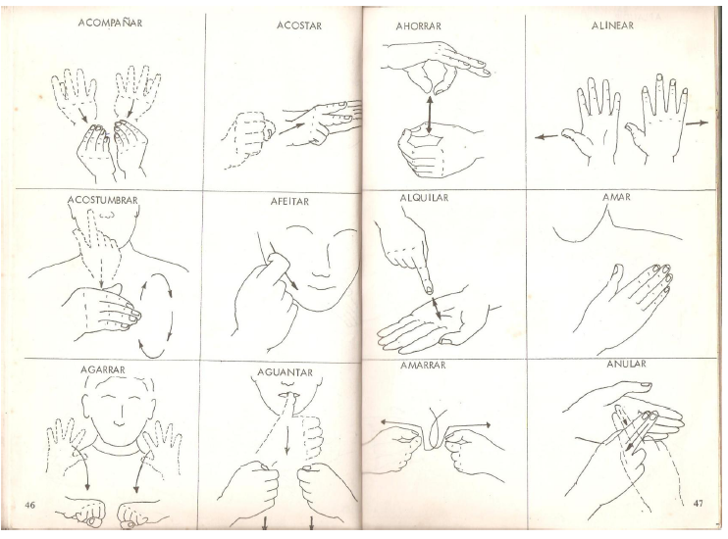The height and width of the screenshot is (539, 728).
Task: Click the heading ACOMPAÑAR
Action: [110, 23]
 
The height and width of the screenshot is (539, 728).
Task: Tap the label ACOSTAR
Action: [299, 25]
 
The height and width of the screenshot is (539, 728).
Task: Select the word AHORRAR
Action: [418, 26]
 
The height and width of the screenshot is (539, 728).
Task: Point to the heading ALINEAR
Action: [612, 25]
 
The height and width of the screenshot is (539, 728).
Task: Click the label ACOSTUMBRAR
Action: [103, 200]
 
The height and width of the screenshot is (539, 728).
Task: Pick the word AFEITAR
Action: [289, 202]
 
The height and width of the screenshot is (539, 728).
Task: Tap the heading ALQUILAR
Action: [425, 198]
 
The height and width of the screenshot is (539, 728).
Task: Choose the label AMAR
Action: [616, 197]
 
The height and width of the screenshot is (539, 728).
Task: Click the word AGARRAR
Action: [103, 369]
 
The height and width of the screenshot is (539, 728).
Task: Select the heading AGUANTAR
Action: [286, 372]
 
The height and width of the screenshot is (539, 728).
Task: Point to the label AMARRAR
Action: [423, 366]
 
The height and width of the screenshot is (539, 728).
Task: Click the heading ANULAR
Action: [626, 364]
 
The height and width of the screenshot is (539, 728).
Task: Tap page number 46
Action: [29, 505]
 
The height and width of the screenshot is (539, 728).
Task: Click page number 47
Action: [699, 503]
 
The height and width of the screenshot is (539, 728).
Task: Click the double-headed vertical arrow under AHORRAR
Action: [430, 115]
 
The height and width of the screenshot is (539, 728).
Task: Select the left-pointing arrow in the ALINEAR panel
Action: [546, 136]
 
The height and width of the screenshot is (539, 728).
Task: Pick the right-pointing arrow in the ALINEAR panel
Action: [698, 122]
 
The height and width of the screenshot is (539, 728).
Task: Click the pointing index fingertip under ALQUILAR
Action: [429, 289]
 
